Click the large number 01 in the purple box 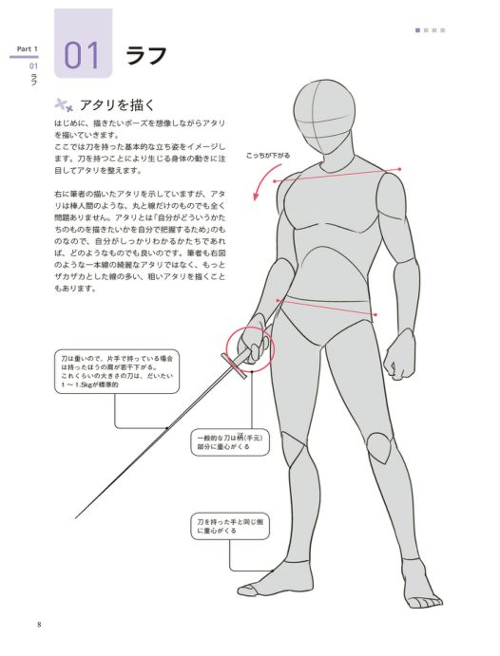[82, 55]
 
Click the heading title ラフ [146, 55]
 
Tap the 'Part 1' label [28, 49]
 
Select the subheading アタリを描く [117, 105]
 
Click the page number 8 [39, 625]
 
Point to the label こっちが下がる [268, 156]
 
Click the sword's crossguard [234, 366]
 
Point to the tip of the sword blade [76, 518]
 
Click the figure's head [322, 117]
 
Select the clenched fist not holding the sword [401, 354]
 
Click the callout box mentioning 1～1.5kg [117, 371]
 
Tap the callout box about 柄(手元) [230, 442]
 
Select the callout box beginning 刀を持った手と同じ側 [230, 526]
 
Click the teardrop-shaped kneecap [379, 447]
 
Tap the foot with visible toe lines [421, 589]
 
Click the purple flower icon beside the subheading [64, 105]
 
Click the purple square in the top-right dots [417, 30]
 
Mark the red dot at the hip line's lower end [375, 314]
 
